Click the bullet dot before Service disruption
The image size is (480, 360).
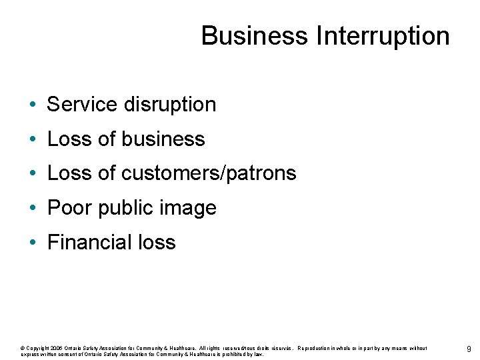(x=32, y=105)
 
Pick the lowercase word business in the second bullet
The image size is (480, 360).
(x=163, y=139)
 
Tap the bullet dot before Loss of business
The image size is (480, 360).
(x=32, y=140)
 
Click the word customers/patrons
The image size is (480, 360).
(x=209, y=173)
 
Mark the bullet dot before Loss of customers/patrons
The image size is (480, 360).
(x=32, y=174)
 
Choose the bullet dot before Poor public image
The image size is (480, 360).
(x=32, y=209)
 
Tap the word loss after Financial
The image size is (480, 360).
(x=158, y=242)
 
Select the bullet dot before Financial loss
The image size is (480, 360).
(x=32, y=243)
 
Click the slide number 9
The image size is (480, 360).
(x=469, y=349)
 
